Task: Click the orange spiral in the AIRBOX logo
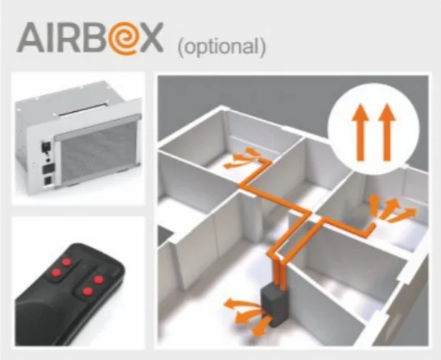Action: point(123,39)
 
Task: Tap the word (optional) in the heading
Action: point(222,47)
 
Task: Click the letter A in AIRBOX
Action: point(31,38)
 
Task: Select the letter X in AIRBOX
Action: point(150,38)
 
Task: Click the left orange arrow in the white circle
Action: point(361,132)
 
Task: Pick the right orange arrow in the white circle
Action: point(387,132)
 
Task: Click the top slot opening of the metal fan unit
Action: point(81,110)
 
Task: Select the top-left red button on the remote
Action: point(67,262)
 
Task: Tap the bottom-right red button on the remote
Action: point(88,292)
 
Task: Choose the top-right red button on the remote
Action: point(98,279)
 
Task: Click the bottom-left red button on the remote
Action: point(56,272)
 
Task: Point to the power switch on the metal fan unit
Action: point(45,146)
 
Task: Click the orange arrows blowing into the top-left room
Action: point(241,159)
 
